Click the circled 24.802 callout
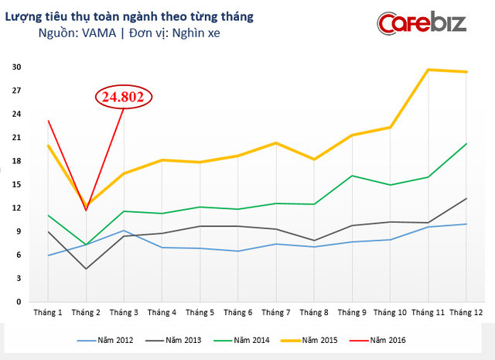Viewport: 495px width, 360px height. point(125,98)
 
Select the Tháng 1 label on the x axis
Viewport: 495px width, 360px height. point(48,313)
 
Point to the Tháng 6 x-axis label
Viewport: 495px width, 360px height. point(237,313)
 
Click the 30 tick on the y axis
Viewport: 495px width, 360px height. point(15,67)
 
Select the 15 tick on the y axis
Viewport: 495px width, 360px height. point(15,184)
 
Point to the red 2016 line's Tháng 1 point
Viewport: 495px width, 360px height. point(48,121)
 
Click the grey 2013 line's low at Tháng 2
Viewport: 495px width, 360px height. point(86,269)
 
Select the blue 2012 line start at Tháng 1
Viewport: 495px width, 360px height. point(48,255)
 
